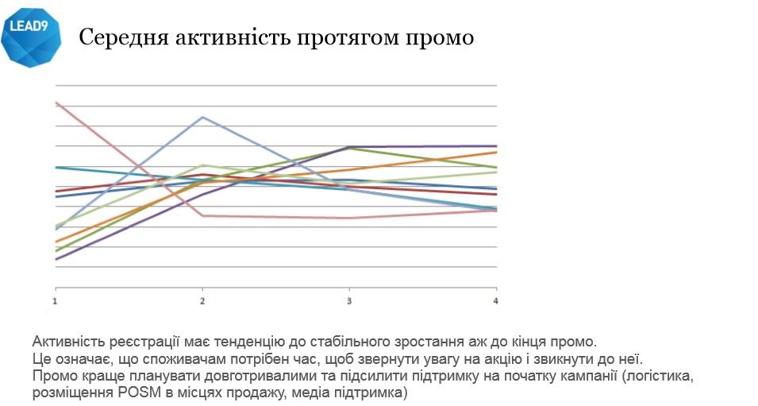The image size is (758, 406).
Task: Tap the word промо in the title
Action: pyautogui.click(x=441, y=37)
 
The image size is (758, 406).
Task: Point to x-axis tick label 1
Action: pyautogui.click(x=55, y=301)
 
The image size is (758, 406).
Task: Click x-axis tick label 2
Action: pyautogui.click(x=202, y=301)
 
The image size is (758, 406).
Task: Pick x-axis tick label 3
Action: pyautogui.click(x=349, y=301)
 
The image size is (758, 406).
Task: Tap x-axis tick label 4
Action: pyautogui.click(x=496, y=301)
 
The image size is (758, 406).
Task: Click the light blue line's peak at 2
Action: pyautogui.click(x=203, y=117)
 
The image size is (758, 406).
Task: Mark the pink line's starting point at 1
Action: pyautogui.click(x=56, y=102)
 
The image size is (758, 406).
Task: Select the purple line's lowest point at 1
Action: pyautogui.click(x=56, y=259)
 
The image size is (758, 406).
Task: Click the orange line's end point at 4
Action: pyautogui.click(x=496, y=152)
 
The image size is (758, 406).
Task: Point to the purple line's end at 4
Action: pyautogui.click(x=496, y=146)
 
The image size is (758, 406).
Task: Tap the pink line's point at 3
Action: pyautogui.click(x=349, y=218)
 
